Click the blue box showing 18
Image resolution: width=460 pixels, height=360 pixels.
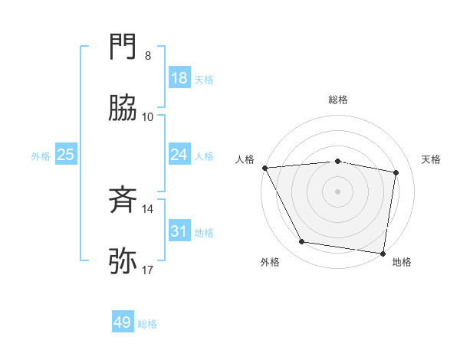coord(179,78)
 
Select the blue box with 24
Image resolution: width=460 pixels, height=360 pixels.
coord(179,155)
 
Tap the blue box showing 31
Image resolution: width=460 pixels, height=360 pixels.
coord(179,231)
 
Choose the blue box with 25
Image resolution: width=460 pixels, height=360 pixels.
coord(66,155)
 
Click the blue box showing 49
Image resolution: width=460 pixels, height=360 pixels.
coord(123,322)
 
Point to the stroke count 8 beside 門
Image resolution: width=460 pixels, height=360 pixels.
coord(148,56)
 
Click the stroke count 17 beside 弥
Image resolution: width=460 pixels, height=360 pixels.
coord(148,270)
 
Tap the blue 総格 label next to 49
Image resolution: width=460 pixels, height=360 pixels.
coord(147,324)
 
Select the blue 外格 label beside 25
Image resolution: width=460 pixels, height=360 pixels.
coord(41,155)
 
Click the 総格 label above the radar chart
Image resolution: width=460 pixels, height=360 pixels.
coord(338,100)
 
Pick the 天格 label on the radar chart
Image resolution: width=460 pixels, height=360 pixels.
coord(431,159)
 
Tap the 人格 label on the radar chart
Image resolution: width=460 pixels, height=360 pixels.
coord(245,159)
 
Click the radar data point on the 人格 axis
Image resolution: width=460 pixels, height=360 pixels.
coord(264,168)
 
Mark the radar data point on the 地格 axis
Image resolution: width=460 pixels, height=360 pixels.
coord(383,253)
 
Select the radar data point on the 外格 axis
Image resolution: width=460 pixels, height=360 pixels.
coord(302,242)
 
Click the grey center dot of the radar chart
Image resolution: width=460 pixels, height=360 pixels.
coord(338,191)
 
